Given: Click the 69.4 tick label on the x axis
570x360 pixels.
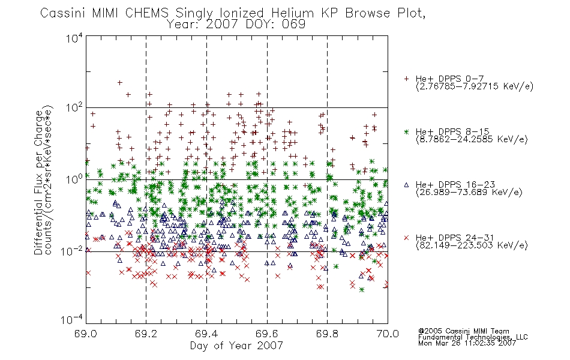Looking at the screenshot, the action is point(206,334).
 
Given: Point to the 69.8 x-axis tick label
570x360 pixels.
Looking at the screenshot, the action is point(327,334).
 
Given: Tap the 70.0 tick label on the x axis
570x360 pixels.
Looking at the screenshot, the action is point(388,334).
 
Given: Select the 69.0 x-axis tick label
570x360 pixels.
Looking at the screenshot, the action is point(86,334).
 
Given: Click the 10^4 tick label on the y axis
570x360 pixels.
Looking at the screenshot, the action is point(74,38).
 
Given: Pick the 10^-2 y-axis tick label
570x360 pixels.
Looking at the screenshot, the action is point(71,251).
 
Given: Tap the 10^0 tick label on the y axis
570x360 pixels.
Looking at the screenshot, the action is point(74,179).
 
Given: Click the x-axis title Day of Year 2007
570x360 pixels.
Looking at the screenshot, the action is point(236,346).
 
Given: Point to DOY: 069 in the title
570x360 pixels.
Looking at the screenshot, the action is point(275,25).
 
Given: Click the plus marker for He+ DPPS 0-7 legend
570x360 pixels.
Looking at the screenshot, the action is point(406,79).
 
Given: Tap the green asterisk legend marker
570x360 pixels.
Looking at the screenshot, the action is point(406,131).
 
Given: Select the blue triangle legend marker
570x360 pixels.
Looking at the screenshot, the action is point(406,185).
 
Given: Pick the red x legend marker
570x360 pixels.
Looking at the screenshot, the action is point(406,238).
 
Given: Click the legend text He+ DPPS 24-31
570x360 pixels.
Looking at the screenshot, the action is point(455,238).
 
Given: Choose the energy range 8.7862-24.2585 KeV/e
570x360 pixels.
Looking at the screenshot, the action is point(472,140).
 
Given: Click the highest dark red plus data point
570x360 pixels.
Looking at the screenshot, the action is point(119,83).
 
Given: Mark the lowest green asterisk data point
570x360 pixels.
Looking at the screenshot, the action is point(361,290).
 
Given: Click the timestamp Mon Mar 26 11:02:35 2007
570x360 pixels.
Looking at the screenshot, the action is point(467,343).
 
